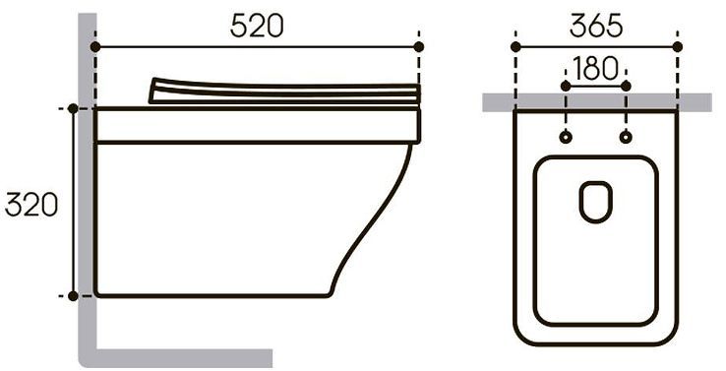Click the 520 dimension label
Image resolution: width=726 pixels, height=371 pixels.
click(257, 26)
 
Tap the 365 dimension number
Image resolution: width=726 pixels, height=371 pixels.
click(596, 26)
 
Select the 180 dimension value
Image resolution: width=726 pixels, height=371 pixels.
click(595, 68)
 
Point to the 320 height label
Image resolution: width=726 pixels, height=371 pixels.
click(31, 205)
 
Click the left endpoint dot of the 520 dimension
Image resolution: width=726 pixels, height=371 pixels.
click(95, 47)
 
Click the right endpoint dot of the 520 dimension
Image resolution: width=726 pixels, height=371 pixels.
click(418, 47)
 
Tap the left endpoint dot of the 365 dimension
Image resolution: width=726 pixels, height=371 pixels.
click(515, 47)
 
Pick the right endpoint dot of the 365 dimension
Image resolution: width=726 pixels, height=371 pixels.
click(678, 47)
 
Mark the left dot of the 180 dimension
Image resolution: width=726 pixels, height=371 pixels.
click(566, 87)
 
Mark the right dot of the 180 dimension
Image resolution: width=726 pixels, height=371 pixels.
click(626, 87)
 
